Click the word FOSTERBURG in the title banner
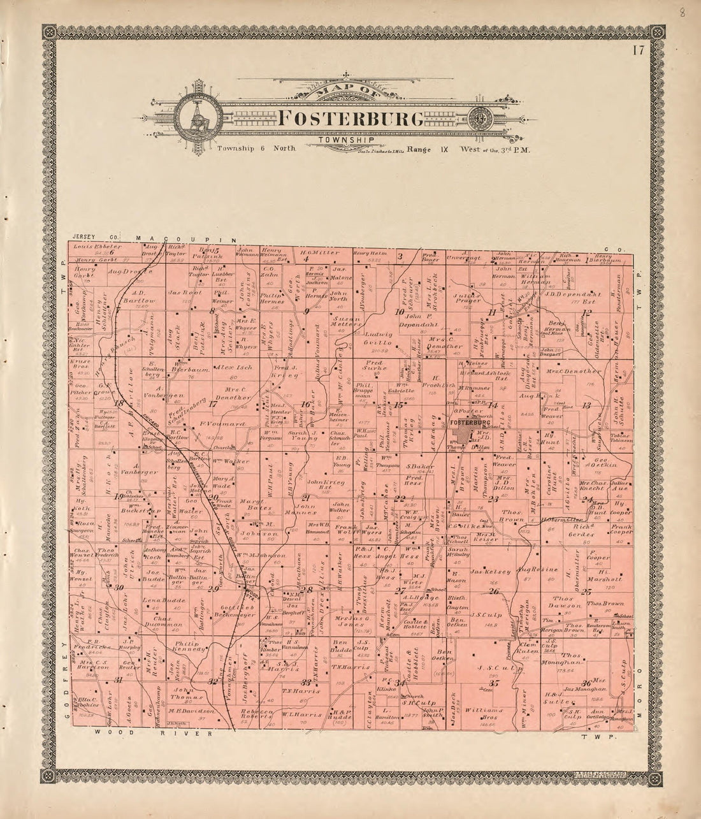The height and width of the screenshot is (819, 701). (351, 119)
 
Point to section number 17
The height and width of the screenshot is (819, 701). (213, 403)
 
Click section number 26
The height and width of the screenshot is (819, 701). (494, 592)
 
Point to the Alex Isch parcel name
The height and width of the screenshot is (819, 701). (228, 368)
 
